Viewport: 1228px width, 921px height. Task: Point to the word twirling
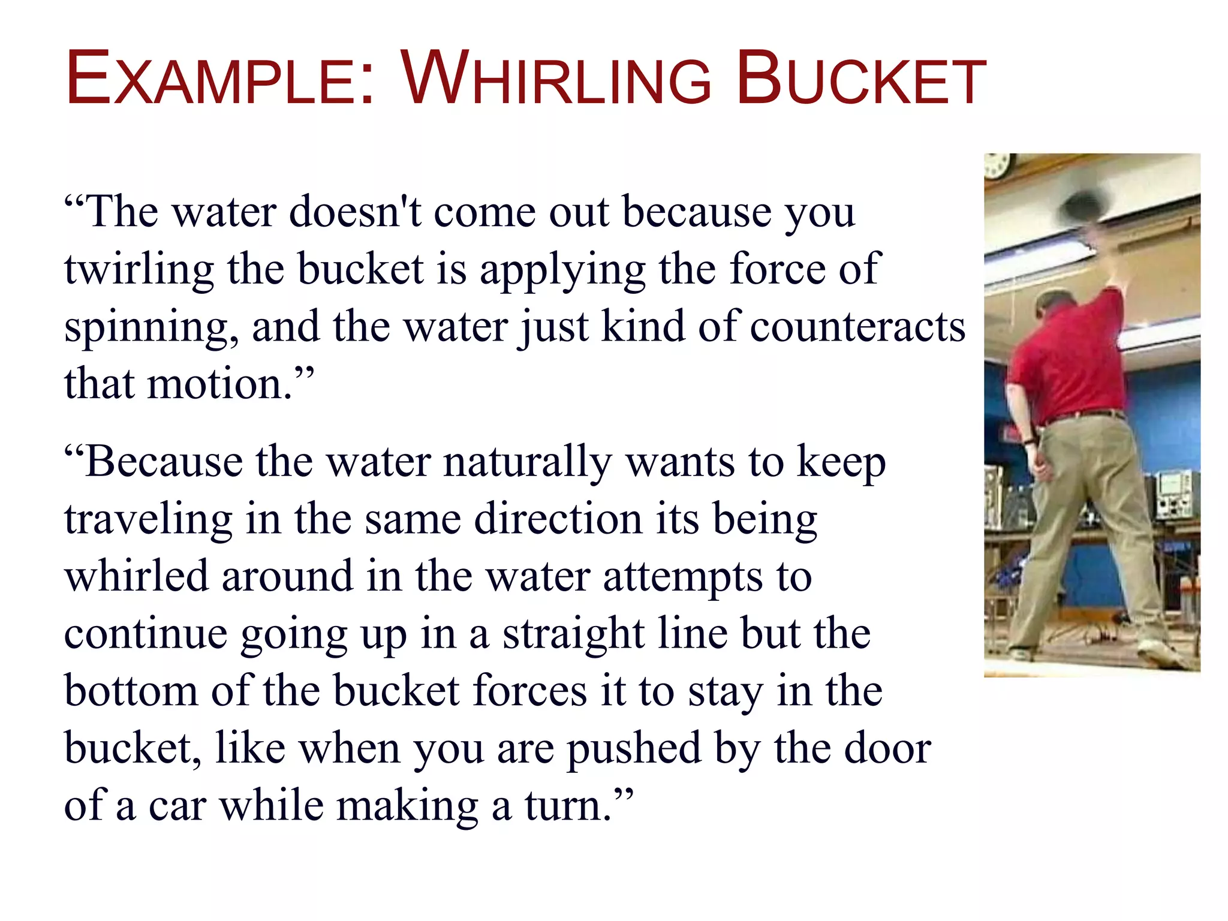tap(139, 269)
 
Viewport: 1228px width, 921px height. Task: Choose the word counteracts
tap(857, 327)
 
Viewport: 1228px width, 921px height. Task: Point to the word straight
tap(573, 634)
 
